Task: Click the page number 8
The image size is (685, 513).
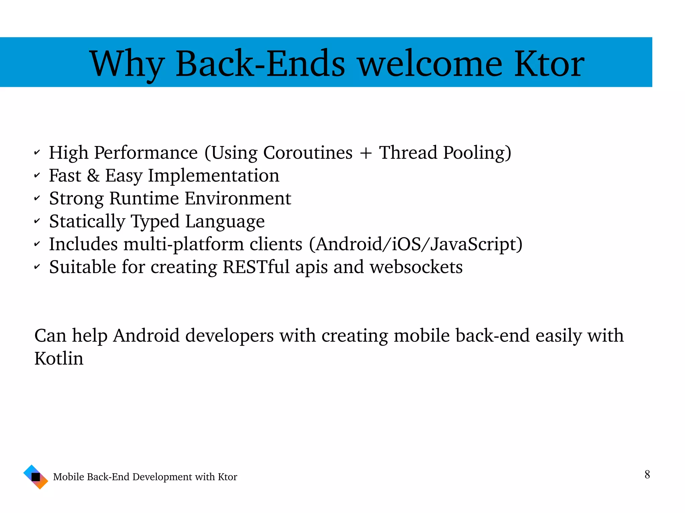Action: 647,474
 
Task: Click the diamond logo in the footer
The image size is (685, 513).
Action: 36,477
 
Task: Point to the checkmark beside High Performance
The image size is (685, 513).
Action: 37,153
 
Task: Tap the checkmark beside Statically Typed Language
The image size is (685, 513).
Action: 37,222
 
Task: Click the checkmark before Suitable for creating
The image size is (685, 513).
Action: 37,267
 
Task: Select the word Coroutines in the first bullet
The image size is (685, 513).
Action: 308,153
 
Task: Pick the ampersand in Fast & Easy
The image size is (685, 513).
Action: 93,176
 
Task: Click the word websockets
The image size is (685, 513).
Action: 416,267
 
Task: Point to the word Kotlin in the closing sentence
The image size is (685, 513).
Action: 59,359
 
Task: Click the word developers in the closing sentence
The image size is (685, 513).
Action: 229,336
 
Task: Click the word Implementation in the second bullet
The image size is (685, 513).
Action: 213,176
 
